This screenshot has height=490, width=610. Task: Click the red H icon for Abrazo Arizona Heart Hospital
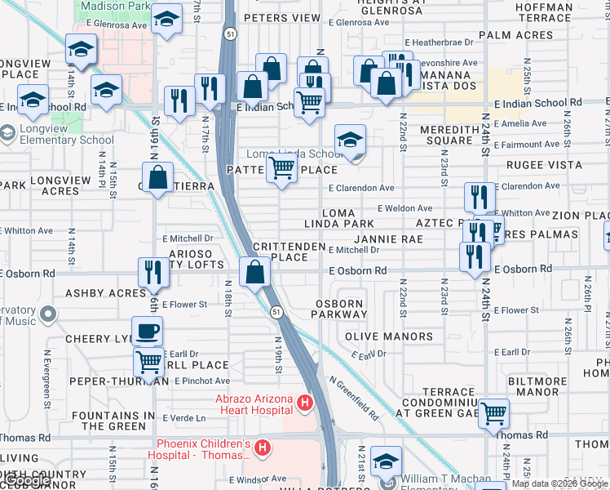(x=305, y=403)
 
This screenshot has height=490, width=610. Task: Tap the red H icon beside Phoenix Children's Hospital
(x=263, y=448)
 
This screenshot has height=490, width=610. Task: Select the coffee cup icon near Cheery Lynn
(x=147, y=332)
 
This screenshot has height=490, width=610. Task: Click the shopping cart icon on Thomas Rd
(x=493, y=413)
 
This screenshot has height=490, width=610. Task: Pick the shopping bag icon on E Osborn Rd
(x=255, y=273)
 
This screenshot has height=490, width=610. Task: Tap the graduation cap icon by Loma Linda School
(x=350, y=140)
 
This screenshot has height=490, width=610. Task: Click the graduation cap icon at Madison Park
(x=167, y=19)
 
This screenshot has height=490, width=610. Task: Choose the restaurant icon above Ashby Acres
(x=153, y=272)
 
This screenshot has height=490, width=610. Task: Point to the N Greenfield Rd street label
(x=355, y=398)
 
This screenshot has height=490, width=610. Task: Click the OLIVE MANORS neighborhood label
(x=389, y=336)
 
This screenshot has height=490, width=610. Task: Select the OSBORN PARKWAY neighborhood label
(x=339, y=310)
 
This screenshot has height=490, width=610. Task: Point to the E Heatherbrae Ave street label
(x=437, y=42)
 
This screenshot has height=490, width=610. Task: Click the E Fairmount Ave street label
(x=528, y=145)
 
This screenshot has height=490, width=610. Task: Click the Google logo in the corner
(x=27, y=481)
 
